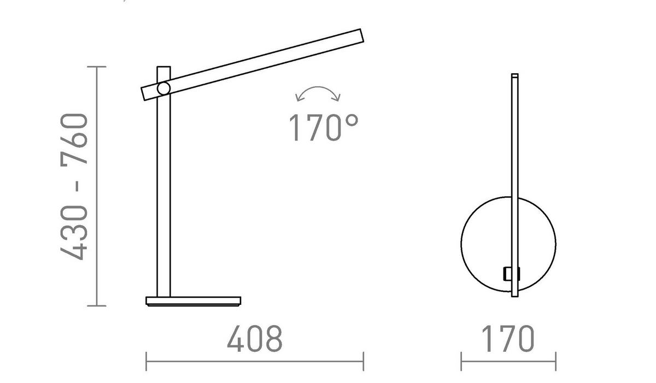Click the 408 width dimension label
tap(255, 339)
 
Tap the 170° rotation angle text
tap(323, 128)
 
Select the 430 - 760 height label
tap(74, 186)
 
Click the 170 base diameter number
tap(508, 339)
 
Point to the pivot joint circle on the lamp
tap(163, 89)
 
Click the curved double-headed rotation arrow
tap(318, 93)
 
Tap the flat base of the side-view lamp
tap(193, 300)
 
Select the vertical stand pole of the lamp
tap(163, 197)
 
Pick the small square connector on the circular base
tap(511, 273)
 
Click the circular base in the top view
tap(484, 240)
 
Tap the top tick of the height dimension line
tap(97, 67)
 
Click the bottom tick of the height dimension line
tap(97, 306)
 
